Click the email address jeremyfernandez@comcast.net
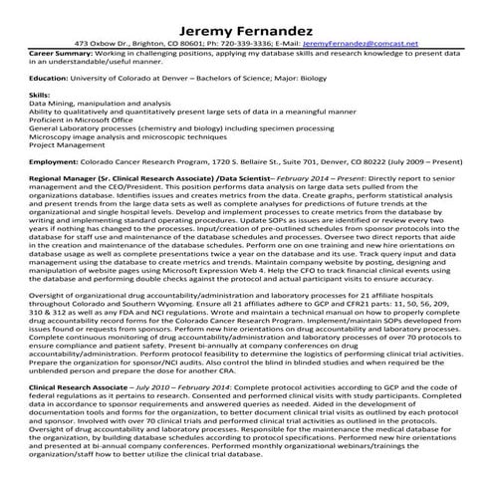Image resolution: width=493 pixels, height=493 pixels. click(x=360, y=44)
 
